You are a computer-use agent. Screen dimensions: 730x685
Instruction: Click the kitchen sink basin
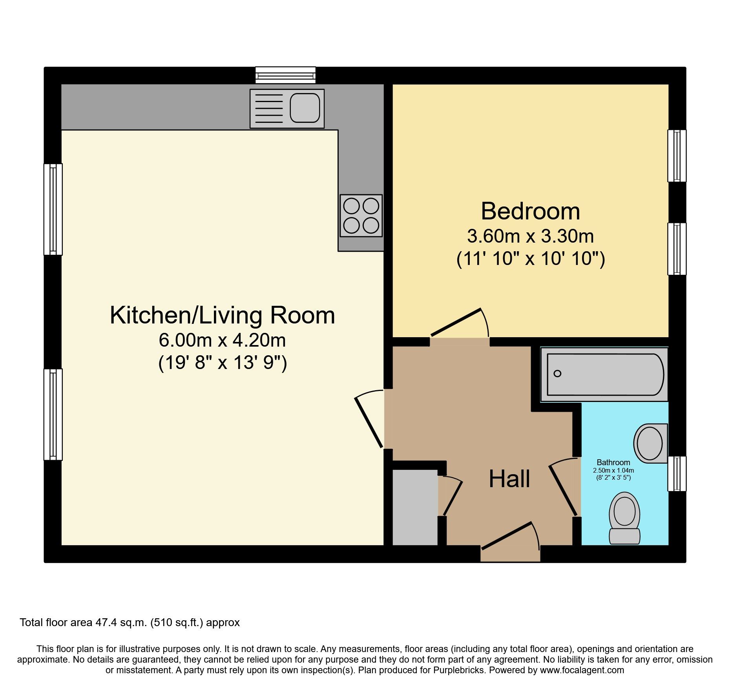(x=305, y=108)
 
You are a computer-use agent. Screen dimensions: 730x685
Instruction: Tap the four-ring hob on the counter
(x=361, y=216)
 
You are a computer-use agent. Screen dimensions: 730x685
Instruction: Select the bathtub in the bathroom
(x=604, y=374)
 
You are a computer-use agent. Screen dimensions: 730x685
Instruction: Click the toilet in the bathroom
(x=624, y=518)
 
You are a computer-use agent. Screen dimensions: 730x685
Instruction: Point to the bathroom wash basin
(x=651, y=443)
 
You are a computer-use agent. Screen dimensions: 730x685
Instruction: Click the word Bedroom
(x=530, y=211)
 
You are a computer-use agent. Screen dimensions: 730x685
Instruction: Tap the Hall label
(x=509, y=479)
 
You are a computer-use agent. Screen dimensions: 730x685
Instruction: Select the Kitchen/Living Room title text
(x=223, y=315)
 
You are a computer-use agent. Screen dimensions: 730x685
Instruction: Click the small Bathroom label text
(x=613, y=462)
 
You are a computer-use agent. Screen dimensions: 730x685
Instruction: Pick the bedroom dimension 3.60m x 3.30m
(x=530, y=236)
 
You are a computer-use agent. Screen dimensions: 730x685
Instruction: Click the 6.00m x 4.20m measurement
(x=222, y=340)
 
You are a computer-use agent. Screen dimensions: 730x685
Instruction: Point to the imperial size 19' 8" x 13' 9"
(x=223, y=362)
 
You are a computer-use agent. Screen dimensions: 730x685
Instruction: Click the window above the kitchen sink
(x=285, y=75)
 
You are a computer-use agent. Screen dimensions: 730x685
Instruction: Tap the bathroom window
(x=677, y=473)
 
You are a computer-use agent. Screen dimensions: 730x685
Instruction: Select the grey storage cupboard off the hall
(x=415, y=507)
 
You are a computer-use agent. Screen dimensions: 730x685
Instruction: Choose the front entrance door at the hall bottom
(x=507, y=535)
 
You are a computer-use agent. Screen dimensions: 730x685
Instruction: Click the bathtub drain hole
(x=557, y=373)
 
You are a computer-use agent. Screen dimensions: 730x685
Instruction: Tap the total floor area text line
(x=130, y=623)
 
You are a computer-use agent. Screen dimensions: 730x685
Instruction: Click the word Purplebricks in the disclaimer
(x=459, y=670)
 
